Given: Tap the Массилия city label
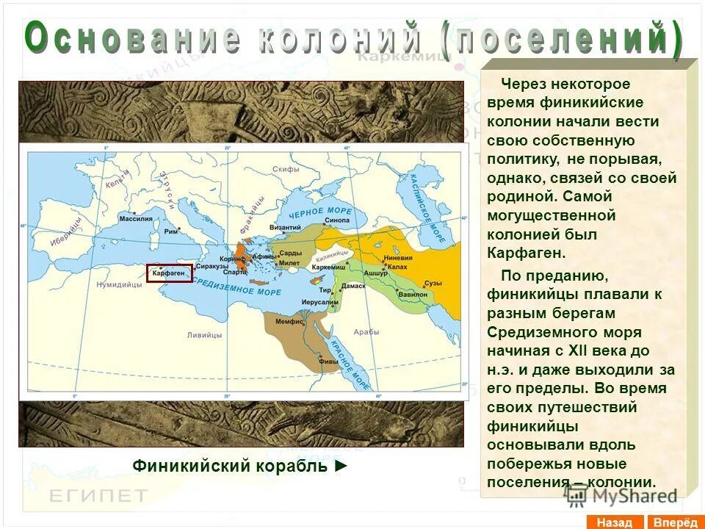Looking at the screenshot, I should pyautogui.click(x=136, y=219).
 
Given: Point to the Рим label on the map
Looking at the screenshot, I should pyautogui.click(x=171, y=231).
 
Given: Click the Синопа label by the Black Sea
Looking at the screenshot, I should pyautogui.click(x=337, y=220).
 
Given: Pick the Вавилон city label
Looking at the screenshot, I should pyautogui.click(x=412, y=292).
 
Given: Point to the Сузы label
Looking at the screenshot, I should pyautogui.click(x=433, y=283).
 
